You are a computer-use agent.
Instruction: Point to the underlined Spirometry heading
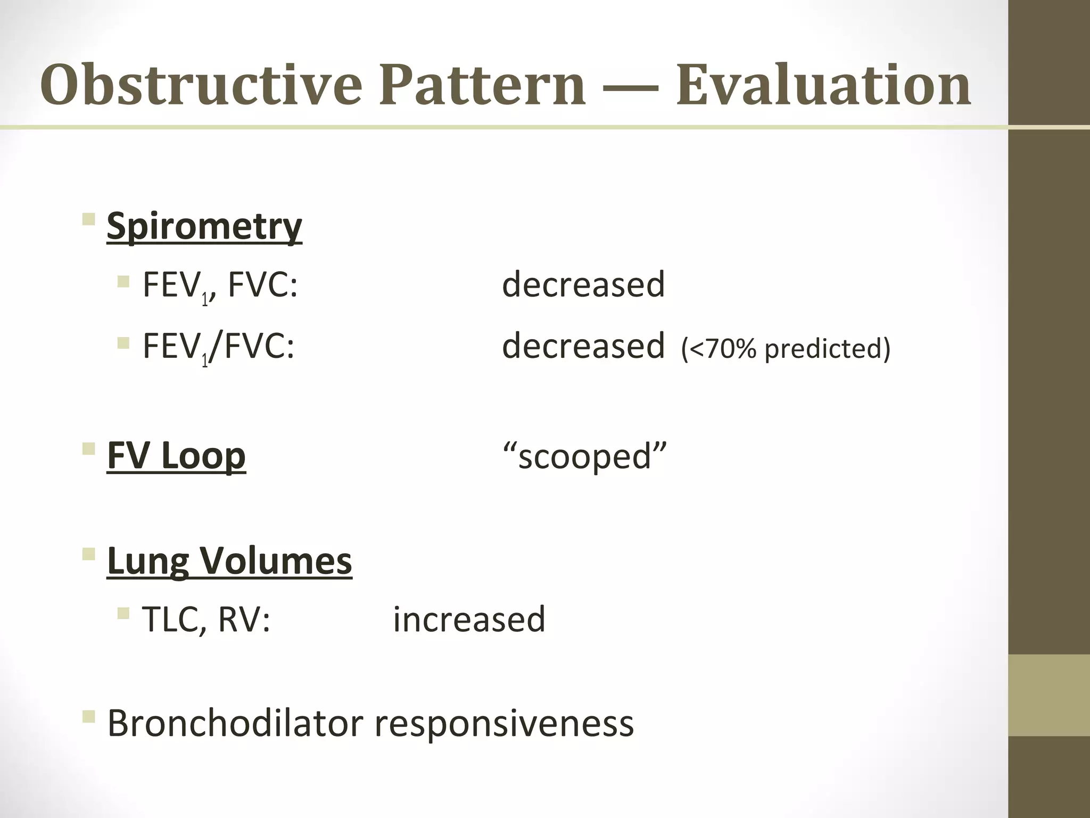click(204, 227)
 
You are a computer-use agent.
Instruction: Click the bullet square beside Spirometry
click(89, 219)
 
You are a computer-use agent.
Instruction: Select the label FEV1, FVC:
click(220, 285)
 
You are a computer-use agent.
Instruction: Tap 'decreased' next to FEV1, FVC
click(583, 284)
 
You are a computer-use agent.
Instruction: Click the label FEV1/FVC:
click(218, 346)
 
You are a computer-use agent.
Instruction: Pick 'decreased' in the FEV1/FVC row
click(583, 346)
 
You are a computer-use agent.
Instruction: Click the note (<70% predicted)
click(786, 349)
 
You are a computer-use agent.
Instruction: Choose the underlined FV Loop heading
click(176, 456)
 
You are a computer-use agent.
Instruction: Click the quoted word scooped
click(584, 457)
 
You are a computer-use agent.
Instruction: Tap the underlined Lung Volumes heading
click(229, 561)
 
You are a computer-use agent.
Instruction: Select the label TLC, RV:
click(207, 620)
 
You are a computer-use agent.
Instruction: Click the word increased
click(469, 620)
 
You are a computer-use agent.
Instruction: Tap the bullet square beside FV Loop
click(89, 448)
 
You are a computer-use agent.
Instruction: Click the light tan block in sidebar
click(1048, 696)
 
